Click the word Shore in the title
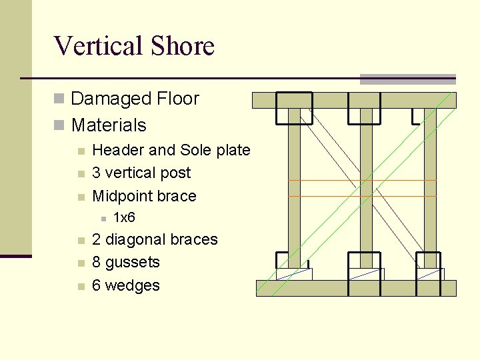(x=182, y=46)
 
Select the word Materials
(x=109, y=125)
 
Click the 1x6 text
(x=125, y=217)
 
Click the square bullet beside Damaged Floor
(x=59, y=99)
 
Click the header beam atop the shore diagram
(x=353, y=100)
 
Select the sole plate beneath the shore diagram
(x=356, y=288)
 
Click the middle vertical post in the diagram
(x=366, y=187)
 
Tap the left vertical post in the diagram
(x=294, y=187)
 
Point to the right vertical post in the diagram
(x=430, y=187)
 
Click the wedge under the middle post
(x=366, y=274)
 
